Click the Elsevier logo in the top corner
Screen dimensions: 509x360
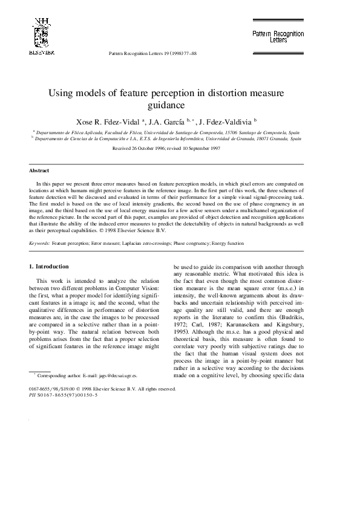pyautogui.click(x=41, y=37)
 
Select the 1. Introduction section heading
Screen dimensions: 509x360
pyautogui.click(x=50, y=266)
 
